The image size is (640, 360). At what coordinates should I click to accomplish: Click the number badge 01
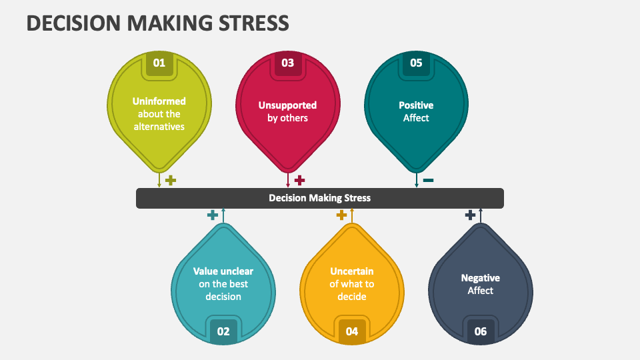click(159, 63)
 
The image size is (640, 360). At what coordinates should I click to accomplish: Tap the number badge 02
click(223, 331)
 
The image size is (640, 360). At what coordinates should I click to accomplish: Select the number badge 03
click(287, 63)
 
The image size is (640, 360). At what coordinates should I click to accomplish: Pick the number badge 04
click(352, 331)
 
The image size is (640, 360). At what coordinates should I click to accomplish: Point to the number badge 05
click(416, 63)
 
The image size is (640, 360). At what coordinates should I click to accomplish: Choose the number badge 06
click(481, 331)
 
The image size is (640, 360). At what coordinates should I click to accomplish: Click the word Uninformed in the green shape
click(159, 101)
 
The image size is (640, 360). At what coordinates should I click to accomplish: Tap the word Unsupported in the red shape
click(287, 105)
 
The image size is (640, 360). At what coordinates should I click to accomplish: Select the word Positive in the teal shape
click(416, 105)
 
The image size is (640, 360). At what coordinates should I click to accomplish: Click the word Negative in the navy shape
click(481, 278)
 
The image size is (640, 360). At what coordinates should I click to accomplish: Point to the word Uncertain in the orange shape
click(352, 271)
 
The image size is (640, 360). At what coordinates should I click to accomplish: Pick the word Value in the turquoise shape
click(207, 271)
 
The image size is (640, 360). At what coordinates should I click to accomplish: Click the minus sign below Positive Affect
click(428, 180)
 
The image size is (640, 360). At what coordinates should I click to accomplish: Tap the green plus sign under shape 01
click(171, 180)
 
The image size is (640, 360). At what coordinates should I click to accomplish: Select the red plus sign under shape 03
click(299, 180)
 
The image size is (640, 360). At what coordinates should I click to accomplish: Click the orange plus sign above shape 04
click(341, 215)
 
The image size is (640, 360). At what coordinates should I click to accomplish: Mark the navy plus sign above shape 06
click(470, 215)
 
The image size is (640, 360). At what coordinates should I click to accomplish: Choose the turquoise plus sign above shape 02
click(213, 215)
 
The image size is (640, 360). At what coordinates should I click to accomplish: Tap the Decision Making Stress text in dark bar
click(319, 198)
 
